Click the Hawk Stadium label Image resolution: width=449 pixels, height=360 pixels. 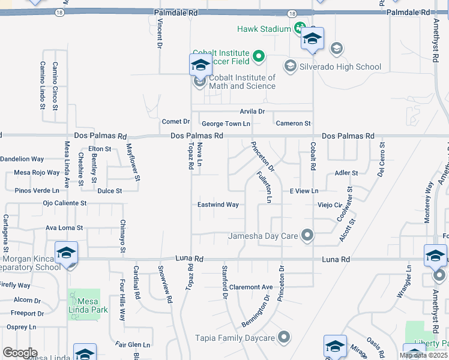264,29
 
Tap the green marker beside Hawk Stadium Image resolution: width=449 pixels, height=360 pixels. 299,29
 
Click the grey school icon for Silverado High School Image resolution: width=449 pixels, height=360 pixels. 291,66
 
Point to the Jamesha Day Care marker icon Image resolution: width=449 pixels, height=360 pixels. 307,235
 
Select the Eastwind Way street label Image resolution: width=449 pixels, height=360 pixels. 218,205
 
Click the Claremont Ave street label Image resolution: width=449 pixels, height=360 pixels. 250,287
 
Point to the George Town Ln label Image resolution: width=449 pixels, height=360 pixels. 226,124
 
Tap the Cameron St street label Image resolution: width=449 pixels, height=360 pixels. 293,124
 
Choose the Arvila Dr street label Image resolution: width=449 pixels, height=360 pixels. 252,112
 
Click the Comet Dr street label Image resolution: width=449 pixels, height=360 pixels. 176,122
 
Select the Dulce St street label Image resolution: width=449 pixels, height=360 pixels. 110,191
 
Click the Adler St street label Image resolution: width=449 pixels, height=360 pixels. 346,173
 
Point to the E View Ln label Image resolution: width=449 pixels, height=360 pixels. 304,191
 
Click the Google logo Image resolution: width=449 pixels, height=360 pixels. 19,353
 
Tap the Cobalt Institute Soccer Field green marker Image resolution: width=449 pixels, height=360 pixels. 259,58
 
